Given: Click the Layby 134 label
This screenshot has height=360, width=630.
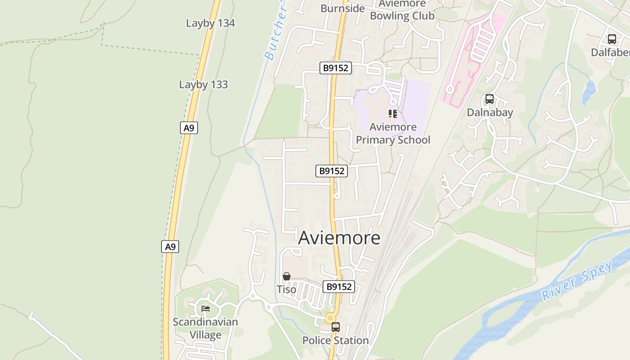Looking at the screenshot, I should click(x=210, y=23).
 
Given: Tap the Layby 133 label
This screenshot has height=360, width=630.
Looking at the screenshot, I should click(x=203, y=85).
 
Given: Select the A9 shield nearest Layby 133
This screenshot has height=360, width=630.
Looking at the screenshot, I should click(x=189, y=128).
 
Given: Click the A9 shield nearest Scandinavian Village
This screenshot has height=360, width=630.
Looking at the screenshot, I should click(x=170, y=247).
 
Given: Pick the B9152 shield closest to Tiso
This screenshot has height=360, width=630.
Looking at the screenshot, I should click(x=338, y=287).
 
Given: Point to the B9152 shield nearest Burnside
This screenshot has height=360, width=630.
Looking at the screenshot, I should click(x=336, y=68).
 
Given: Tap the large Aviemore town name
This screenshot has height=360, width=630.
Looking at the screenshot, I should click(x=339, y=238).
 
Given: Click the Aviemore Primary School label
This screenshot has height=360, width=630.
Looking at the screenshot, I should click(x=393, y=134).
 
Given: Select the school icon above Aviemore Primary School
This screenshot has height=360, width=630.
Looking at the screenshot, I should click(x=393, y=114).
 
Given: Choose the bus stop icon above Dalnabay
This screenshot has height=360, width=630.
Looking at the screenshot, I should click(x=489, y=99).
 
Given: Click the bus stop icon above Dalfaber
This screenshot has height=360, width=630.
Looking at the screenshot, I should click(x=612, y=39).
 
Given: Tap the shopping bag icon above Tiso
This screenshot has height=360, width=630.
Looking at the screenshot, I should click(x=286, y=276).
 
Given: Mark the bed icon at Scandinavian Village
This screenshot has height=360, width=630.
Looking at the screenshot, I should click(x=206, y=309).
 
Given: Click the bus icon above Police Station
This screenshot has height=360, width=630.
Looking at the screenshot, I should click(x=335, y=327).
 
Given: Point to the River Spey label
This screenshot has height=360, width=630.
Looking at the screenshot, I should click(x=578, y=280).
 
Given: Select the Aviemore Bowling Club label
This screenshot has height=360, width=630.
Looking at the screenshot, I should click(x=402, y=10).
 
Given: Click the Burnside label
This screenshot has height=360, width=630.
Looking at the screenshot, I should click(x=342, y=8).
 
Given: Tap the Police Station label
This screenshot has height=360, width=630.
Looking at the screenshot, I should click(x=335, y=341).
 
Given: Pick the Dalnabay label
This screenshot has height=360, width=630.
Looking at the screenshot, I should click(x=490, y=112).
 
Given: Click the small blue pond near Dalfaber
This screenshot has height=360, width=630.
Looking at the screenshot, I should click(x=589, y=92).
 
